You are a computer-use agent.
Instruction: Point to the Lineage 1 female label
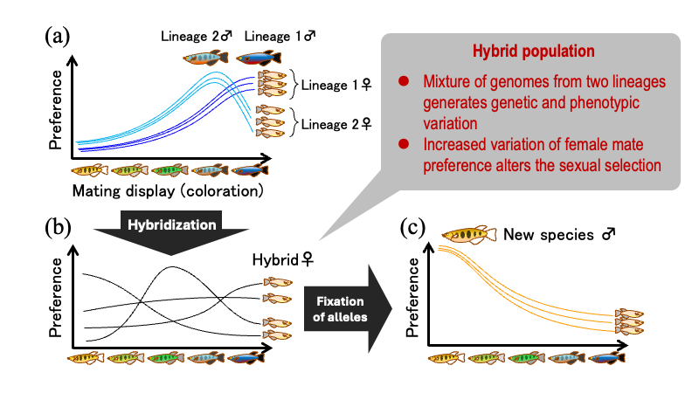click(x=336, y=85)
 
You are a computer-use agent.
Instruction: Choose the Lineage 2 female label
click(x=336, y=124)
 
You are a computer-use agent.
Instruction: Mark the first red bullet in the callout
click(x=403, y=81)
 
